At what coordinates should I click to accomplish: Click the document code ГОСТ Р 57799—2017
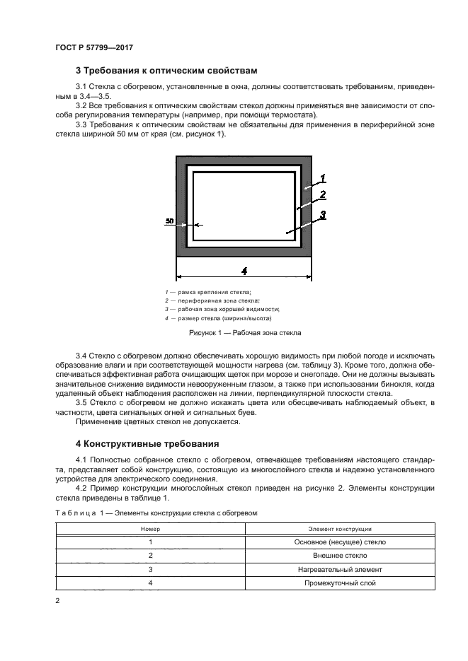94,47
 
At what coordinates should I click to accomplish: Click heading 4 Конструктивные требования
149,444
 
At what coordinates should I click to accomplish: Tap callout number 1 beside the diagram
322,177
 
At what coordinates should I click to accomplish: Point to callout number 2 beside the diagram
322,194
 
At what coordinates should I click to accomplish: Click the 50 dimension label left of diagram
169,221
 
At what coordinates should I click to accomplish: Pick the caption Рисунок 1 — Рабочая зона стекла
244,332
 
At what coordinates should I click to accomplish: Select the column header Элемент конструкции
340,529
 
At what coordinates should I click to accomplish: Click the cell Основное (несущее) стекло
340,542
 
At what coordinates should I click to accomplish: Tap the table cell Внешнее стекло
340,556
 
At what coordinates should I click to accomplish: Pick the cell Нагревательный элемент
340,569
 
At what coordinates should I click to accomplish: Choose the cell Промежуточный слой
340,583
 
